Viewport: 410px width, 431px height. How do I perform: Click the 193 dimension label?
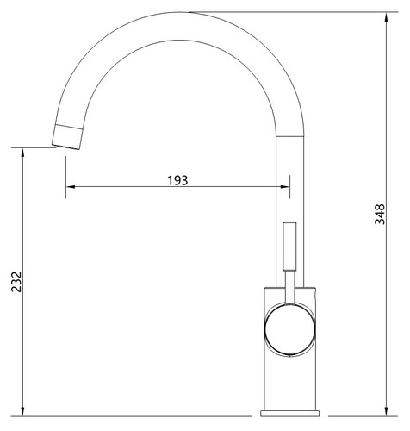(177, 180)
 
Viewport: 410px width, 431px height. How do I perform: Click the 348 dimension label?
(380, 214)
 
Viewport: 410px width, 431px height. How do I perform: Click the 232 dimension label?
(16, 282)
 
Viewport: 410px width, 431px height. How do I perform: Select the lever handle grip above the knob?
(289, 246)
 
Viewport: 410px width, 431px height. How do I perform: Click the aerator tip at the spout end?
(67, 137)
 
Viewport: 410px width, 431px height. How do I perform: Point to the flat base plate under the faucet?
(290, 414)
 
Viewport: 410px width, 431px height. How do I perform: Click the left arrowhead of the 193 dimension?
(71, 187)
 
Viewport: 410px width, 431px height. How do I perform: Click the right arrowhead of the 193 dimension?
(285, 187)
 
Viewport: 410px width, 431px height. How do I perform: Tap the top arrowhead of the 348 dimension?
(387, 17)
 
